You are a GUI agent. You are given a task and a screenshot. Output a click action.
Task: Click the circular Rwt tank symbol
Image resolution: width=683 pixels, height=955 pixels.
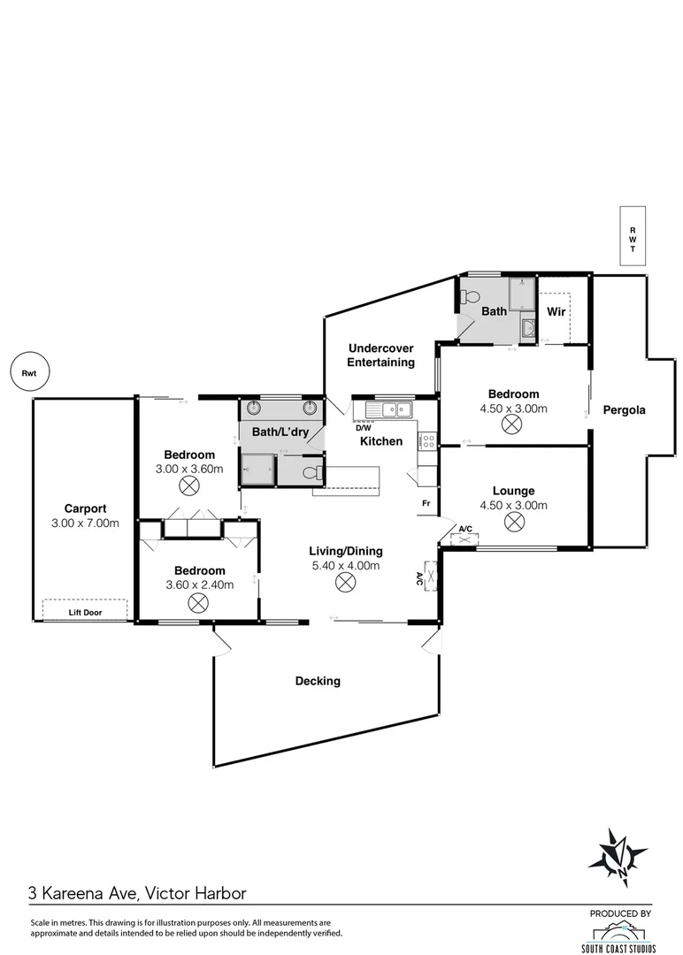[x=28, y=373]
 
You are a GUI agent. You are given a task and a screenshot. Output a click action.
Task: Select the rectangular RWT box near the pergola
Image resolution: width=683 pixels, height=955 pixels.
[x=632, y=235]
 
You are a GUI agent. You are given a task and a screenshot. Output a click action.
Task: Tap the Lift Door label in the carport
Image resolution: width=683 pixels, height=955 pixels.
[x=85, y=610]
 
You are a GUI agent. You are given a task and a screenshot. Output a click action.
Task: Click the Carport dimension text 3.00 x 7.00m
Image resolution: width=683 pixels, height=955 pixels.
[x=85, y=523]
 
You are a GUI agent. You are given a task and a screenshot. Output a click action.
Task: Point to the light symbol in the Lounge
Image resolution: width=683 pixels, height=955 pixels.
[x=513, y=522]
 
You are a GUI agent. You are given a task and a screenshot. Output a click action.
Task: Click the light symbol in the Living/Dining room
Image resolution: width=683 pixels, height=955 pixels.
[x=344, y=583]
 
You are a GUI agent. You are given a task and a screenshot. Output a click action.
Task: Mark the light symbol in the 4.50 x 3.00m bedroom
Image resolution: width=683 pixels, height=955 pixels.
[x=511, y=424]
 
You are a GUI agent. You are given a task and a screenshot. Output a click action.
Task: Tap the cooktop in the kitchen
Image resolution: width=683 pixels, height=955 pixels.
[x=427, y=440]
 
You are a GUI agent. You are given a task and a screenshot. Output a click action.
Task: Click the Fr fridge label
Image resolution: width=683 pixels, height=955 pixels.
[x=426, y=504]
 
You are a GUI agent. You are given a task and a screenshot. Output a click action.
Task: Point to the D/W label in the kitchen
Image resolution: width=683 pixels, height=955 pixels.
[x=363, y=427]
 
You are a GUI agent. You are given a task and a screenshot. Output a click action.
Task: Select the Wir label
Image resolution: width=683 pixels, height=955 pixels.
[x=556, y=312]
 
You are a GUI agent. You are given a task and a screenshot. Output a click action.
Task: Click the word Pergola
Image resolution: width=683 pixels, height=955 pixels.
[x=624, y=410]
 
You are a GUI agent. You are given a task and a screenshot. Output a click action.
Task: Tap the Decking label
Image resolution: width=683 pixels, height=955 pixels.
[x=318, y=681]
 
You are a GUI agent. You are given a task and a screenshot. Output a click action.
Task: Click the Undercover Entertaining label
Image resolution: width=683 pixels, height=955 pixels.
[x=380, y=355]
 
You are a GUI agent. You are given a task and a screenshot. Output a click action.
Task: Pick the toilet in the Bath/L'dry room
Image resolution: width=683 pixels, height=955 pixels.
[x=311, y=473]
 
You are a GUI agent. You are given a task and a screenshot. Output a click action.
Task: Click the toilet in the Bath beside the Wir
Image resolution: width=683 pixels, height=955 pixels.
[x=470, y=296]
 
